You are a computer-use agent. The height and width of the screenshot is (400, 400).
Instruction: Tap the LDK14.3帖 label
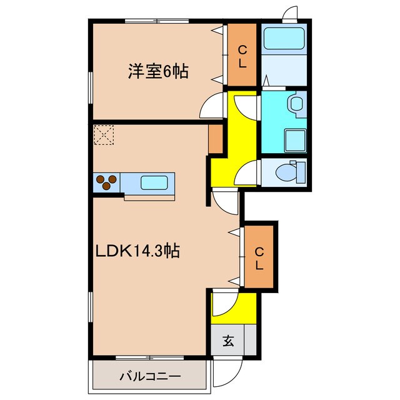click(138, 251)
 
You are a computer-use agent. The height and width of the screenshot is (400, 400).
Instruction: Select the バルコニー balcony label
click(150, 376)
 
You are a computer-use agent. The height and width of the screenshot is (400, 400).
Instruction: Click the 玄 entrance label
click(229, 341)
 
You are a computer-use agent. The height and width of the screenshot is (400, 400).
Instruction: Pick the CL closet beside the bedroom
click(242, 55)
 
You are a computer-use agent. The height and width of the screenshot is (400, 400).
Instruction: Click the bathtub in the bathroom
click(282, 39)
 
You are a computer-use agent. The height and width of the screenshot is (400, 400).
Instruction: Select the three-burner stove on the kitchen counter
click(106, 182)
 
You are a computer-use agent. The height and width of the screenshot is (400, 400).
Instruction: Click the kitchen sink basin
click(153, 183)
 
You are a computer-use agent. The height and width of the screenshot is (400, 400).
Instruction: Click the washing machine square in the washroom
click(294, 139)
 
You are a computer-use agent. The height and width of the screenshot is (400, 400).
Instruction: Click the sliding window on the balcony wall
click(150, 357)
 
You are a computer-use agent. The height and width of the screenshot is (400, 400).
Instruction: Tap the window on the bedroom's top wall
click(157, 21)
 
